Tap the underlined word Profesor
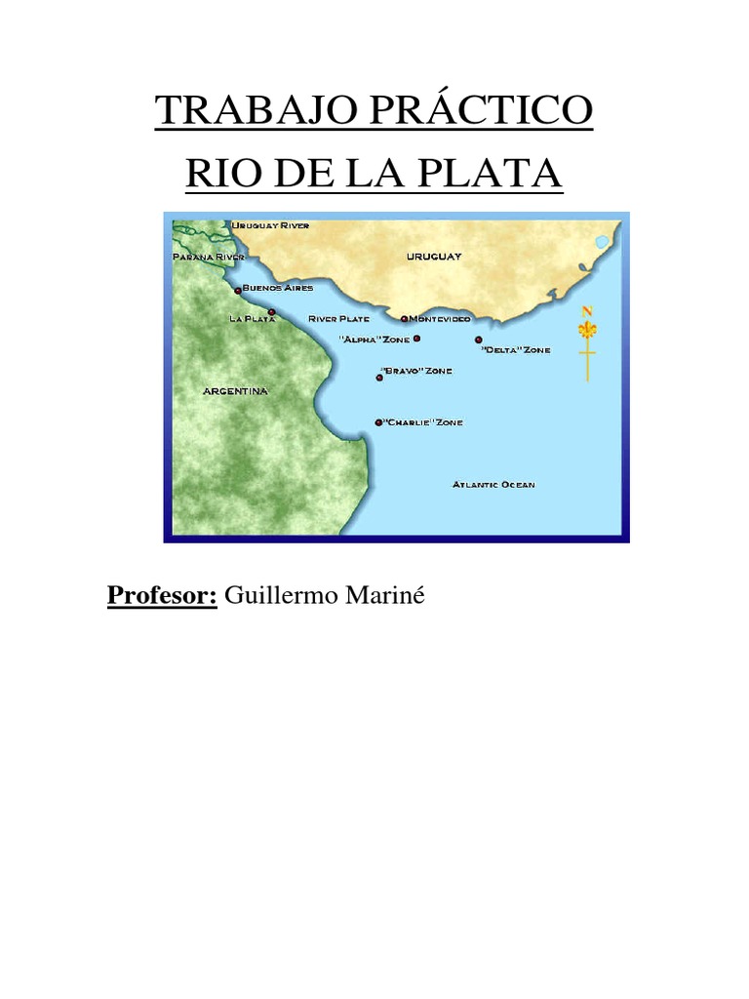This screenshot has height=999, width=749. click(162, 594)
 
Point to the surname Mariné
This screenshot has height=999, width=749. click(387, 594)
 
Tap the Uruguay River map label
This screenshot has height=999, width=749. click(270, 225)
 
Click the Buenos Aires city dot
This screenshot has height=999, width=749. click(238, 290)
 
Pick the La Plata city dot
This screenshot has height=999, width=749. click(271, 312)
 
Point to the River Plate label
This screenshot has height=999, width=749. click(338, 319)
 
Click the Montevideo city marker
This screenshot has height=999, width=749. click(404, 318)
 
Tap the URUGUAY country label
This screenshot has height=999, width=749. click(434, 256)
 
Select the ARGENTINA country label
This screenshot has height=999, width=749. click(235, 391)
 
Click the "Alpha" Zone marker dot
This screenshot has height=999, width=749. click(416, 339)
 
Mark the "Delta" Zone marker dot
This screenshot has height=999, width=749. click(479, 340)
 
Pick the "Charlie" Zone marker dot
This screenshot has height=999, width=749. click(378, 422)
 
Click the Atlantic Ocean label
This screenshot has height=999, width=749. click(493, 485)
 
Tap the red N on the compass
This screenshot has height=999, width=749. click(587, 310)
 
